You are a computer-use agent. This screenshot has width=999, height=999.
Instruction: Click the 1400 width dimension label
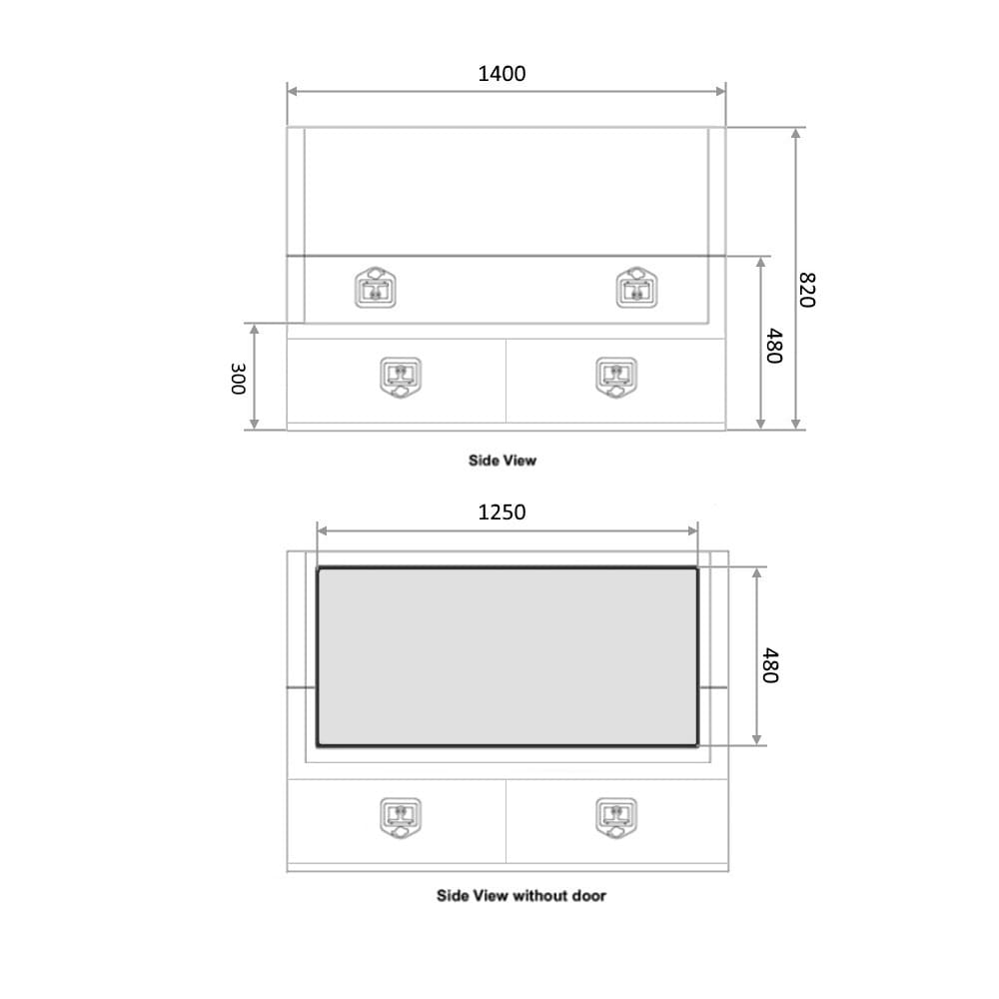501,74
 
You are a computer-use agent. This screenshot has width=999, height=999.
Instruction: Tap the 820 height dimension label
807,290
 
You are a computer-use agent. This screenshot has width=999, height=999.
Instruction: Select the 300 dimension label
238,379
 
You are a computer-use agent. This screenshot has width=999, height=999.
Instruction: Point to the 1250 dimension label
501,512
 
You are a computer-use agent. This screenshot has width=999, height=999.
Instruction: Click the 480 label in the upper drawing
773,346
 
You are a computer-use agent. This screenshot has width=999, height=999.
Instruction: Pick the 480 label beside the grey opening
770,665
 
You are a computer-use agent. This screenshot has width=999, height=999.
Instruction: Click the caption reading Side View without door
521,896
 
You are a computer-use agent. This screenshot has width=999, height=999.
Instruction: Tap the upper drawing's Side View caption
502,460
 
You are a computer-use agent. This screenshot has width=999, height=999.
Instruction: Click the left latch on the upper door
376,288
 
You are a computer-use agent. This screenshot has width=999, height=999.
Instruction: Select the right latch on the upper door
636,288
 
